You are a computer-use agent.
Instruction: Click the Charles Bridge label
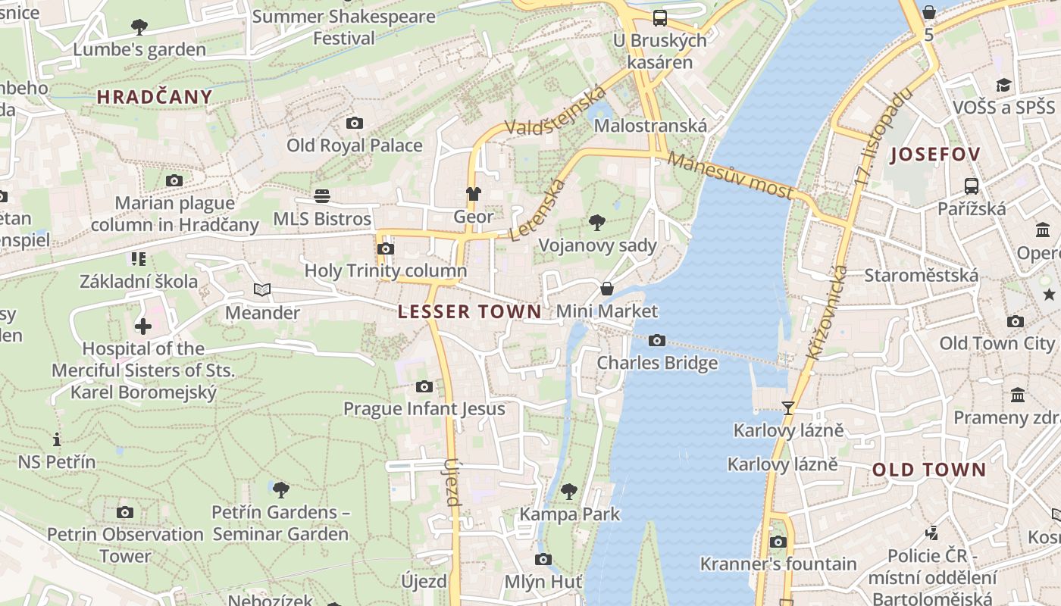click(657, 363)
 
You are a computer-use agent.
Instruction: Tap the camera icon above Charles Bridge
click(657, 341)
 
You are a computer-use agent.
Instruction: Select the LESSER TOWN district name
click(470, 311)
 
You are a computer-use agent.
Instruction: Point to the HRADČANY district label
click(155, 96)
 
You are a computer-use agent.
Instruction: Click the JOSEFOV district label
click(935, 155)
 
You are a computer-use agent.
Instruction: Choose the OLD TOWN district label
click(929, 470)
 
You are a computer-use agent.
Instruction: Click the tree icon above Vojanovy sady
click(597, 223)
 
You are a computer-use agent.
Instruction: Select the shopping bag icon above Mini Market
click(607, 289)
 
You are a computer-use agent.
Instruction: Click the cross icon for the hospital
click(143, 326)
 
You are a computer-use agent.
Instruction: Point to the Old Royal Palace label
click(354, 145)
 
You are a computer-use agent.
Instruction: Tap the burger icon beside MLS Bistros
click(322, 197)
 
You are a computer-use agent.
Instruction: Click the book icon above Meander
click(261, 290)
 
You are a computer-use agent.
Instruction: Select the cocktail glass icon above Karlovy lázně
click(788, 408)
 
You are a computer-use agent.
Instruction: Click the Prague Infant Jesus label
click(424, 409)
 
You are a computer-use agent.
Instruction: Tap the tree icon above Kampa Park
click(569, 492)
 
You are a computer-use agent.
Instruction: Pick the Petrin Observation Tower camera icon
click(125, 513)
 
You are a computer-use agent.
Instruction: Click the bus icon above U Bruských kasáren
click(660, 17)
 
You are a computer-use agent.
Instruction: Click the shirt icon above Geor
click(474, 194)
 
